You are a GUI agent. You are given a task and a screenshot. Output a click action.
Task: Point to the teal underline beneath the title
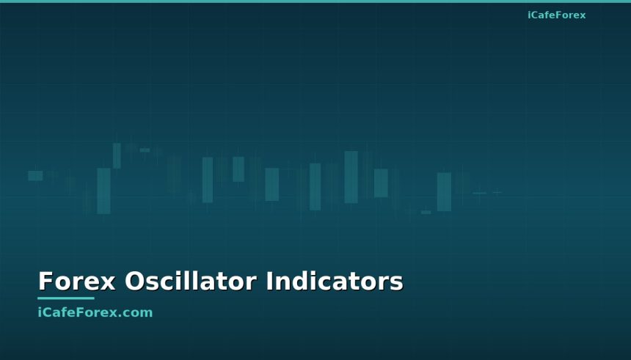[66, 298]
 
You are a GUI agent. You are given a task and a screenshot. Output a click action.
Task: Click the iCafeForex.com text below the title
[95, 312]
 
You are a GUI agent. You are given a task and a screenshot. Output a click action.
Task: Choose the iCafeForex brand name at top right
[556, 15]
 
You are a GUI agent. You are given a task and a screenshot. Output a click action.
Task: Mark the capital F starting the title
[45, 282]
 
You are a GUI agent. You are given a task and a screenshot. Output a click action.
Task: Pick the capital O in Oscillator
[133, 282]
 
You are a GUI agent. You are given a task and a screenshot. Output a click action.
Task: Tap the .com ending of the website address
[137, 313]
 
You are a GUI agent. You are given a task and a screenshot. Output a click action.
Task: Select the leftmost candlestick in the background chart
[35, 175]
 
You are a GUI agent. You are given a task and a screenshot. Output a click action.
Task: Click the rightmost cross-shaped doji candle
[497, 192]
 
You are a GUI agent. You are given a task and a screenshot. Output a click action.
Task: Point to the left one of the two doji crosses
[479, 193]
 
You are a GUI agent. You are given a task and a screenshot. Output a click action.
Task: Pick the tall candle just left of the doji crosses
[444, 191]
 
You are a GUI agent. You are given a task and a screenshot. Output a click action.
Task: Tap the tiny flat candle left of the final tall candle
[426, 213]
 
